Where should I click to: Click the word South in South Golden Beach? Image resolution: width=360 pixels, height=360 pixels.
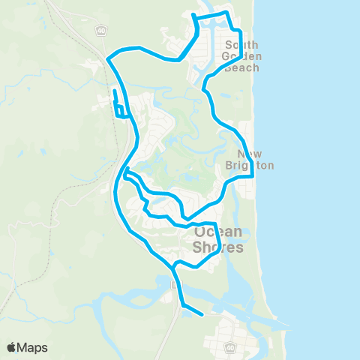pos(241,44)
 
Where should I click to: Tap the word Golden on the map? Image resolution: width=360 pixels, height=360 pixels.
pos(241,56)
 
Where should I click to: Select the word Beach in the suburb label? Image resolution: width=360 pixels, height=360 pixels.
pos(241,67)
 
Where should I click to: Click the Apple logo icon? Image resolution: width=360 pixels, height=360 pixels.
pos(11,347)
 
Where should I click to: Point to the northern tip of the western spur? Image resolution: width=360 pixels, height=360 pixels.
pos(114,91)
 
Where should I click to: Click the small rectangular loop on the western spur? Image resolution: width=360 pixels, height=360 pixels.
pos(120,112)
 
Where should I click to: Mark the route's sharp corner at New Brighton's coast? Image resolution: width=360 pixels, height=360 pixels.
pos(253,175)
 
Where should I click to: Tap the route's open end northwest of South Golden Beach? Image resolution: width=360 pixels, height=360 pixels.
pos(193,15)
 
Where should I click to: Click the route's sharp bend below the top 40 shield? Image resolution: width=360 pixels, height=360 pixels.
pos(109,58)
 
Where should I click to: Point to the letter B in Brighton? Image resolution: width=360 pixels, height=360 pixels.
pos(230,165)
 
